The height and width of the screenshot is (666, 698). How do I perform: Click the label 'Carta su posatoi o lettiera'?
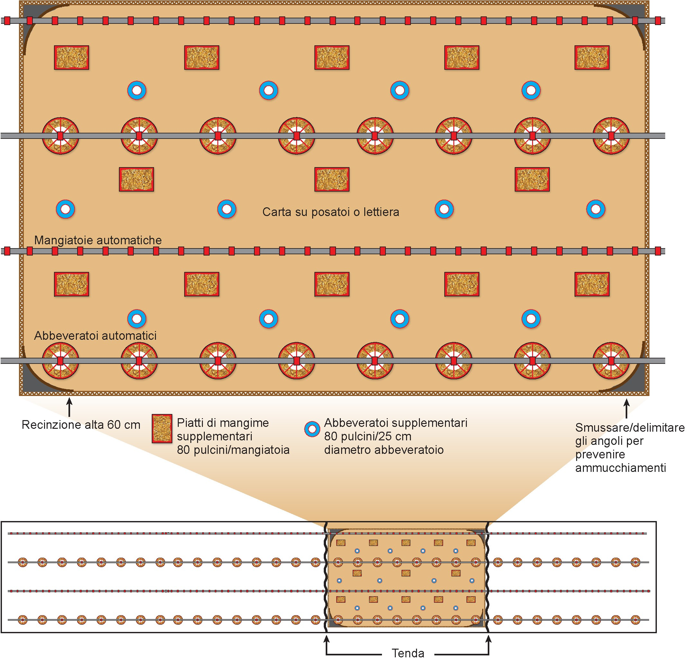click(331, 212)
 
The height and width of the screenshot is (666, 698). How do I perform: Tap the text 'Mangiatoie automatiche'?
click(98, 240)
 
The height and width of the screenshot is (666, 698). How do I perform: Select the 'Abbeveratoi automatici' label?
click(95, 336)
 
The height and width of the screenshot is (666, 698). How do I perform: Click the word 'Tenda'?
click(408, 653)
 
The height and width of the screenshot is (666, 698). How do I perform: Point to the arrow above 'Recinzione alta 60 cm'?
click(69, 407)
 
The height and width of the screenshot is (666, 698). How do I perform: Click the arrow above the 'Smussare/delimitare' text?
click(627, 409)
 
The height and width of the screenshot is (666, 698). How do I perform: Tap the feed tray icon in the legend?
click(162, 428)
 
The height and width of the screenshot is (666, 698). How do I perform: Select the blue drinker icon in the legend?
click(312, 429)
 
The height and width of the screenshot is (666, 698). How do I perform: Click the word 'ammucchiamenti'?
click(620, 468)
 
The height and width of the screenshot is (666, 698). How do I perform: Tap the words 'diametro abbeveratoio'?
click(384, 450)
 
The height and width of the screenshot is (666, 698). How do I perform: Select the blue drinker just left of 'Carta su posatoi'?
click(227, 209)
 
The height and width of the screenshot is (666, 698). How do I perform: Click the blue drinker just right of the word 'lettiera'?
click(444, 209)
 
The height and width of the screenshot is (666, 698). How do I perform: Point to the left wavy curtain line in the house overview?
click(326, 577)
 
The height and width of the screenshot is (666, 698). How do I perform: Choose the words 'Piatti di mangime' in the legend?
click(222, 423)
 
